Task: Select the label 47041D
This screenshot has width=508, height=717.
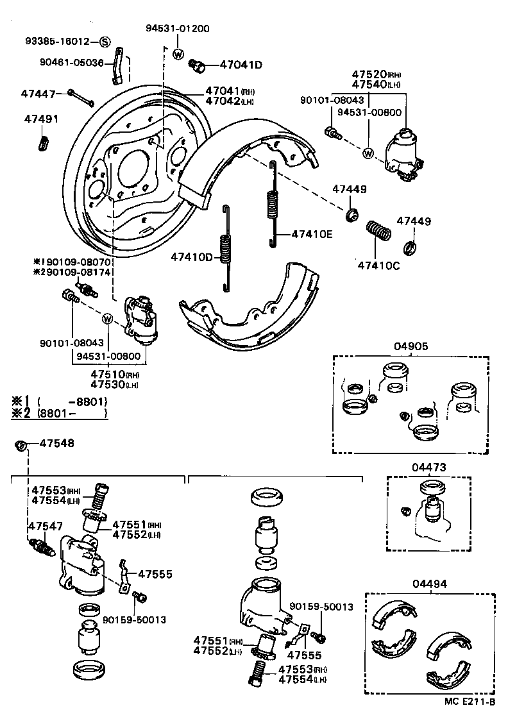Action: pyautogui.click(x=241, y=65)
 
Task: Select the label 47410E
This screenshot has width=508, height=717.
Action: pyautogui.click(x=312, y=234)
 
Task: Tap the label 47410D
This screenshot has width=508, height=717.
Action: pyautogui.click(x=191, y=258)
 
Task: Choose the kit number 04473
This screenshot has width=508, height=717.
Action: pyautogui.click(x=429, y=468)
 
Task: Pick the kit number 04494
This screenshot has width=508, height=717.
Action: pyautogui.click(x=430, y=584)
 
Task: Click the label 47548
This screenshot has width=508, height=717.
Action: pyautogui.click(x=56, y=443)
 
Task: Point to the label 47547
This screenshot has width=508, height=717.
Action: pyautogui.click(x=45, y=526)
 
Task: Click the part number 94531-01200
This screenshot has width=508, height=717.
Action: pyautogui.click(x=178, y=29)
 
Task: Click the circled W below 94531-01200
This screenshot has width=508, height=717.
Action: pyautogui.click(x=178, y=54)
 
